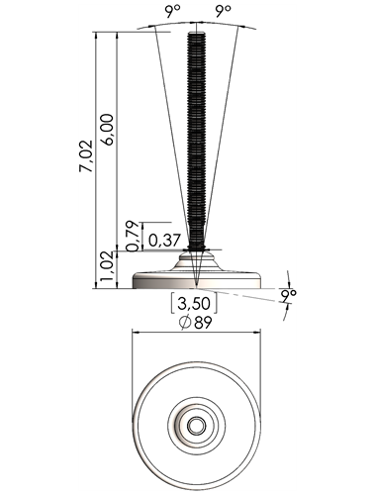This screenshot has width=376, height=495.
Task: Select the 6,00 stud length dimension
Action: tap(108, 129)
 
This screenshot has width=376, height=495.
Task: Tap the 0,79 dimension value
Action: tap(134, 236)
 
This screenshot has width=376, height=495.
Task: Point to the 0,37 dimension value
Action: tap(164, 241)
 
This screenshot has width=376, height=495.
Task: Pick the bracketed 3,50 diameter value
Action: tap(194, 303)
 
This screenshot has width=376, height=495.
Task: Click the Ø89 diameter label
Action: tap(195, 323)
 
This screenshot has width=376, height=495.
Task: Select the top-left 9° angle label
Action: tap(173, 12)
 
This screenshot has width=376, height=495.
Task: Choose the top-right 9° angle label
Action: tap(224, 12)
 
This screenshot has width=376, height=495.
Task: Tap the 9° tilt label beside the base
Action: tap(289, 295)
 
